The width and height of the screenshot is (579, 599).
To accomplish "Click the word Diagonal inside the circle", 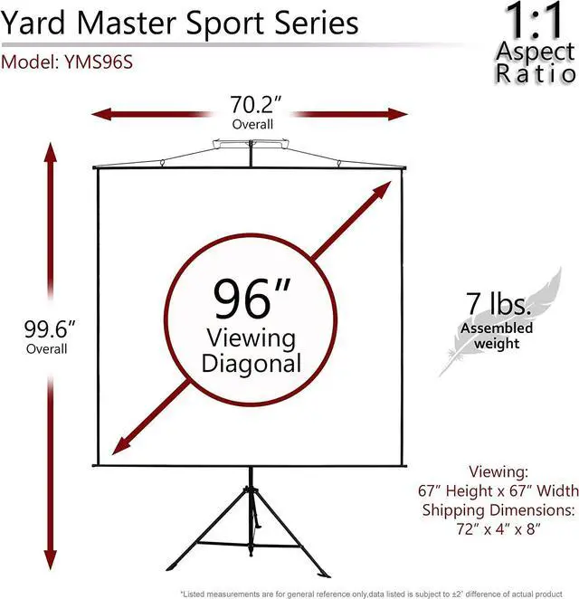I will point(252,364).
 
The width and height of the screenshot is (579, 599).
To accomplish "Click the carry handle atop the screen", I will point(251,143).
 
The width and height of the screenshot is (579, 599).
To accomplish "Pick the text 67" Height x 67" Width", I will point(498,490).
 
